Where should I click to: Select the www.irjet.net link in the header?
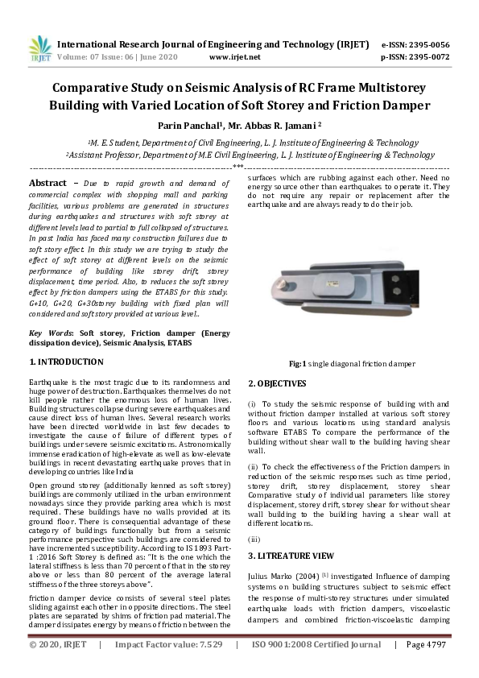pos(234,57)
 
